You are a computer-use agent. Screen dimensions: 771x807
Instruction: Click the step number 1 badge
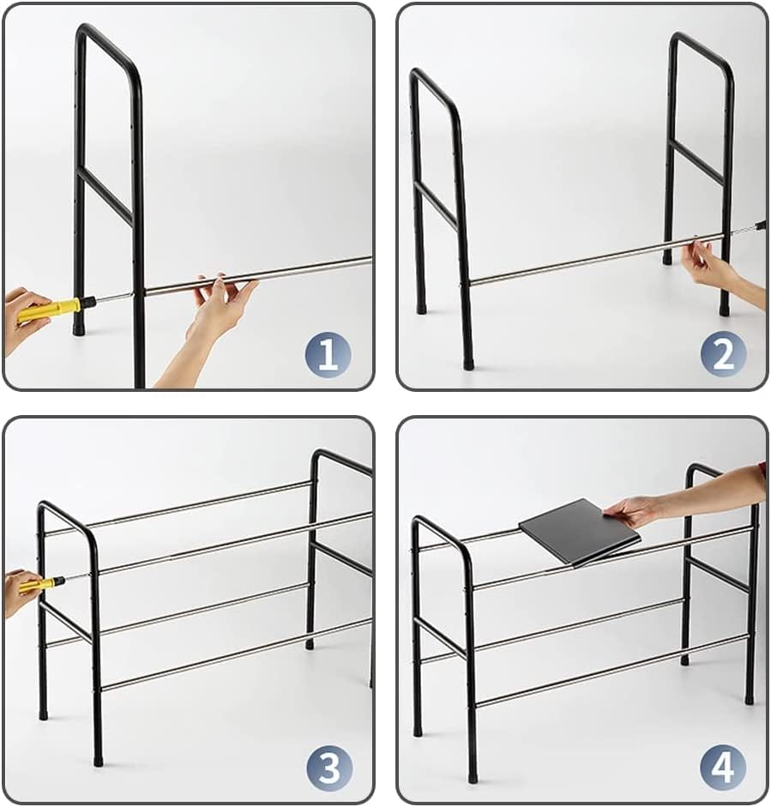[x=328, y=354]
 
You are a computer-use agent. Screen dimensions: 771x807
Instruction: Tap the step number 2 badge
[x=723, y=354]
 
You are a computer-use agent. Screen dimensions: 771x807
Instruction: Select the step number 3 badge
[x=330, y=768]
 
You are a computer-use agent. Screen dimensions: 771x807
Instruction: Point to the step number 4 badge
[x=723, y=768]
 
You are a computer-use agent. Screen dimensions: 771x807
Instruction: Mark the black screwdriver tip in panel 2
[x=762, y=225]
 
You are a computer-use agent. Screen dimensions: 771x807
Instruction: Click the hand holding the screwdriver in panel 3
[x=21, y=592]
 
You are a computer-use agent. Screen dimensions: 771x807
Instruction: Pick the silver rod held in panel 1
[x=258, y=275]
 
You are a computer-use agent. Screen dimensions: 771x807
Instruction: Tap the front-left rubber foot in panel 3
[x=97, y=760]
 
